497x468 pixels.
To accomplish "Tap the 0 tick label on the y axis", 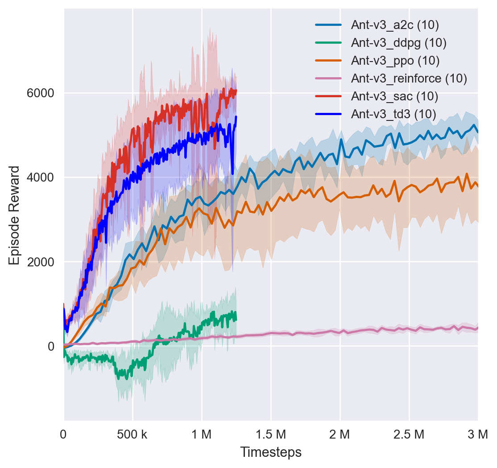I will coord(50,346).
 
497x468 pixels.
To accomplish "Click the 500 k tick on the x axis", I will coord(133,433).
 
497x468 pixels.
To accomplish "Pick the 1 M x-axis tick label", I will coord(202,433).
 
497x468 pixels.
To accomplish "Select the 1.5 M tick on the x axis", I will coord(271,433).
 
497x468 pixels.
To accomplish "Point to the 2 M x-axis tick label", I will coord(340,433).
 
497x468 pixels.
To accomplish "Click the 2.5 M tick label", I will coord(409,433).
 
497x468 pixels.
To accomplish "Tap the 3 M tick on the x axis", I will coord(478,433).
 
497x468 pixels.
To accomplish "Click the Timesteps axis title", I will coord(271,452).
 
